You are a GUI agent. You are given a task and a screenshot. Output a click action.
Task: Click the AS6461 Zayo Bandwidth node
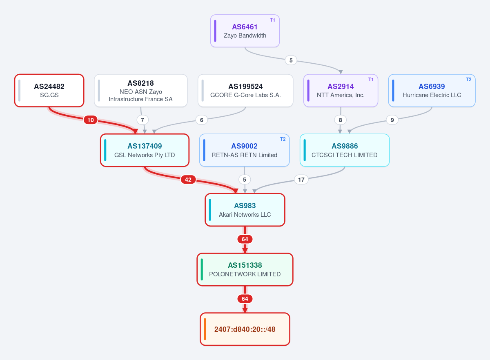point(245,31)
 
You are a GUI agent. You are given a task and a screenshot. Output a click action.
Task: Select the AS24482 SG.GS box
point(49,91)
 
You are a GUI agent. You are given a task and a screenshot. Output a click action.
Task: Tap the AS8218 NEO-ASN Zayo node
point(140,91)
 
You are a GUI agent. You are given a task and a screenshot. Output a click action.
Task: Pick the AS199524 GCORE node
point(245,91)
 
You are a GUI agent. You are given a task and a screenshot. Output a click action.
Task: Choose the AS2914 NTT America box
point(341,91)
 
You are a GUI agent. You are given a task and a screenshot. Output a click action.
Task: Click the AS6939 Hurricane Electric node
point(432,91)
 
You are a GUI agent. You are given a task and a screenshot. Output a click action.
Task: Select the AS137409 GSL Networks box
point(145,150)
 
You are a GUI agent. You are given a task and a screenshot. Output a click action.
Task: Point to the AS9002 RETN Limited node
point(244,150)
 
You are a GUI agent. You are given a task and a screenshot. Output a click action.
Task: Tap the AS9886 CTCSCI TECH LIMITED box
point(345,150)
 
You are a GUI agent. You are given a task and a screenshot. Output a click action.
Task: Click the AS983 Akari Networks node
point(245,210)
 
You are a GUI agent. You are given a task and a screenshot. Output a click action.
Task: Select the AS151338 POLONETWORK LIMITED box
point(245,269)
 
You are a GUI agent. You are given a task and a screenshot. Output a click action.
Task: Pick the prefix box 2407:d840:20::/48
point(245,329)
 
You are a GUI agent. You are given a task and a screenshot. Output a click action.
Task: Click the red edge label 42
point(188,180)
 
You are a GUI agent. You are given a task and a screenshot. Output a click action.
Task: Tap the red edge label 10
point(91,120)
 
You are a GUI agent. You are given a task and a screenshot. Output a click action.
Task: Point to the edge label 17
point(301,180)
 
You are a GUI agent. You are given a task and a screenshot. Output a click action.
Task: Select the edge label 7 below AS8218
point(143,120)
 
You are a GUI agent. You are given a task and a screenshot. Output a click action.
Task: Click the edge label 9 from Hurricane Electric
point(392,120)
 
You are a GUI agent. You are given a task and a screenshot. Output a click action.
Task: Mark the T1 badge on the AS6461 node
point(272,20)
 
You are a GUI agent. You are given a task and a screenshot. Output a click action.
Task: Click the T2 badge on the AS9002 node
point(283,139)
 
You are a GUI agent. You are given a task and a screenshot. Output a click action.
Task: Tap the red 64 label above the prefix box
point(245,299)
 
